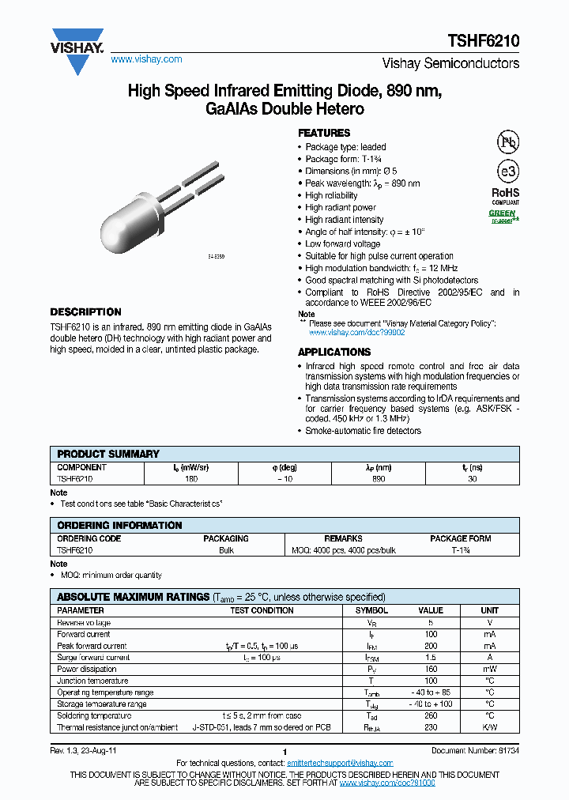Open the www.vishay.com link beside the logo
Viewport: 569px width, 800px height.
point(146,59)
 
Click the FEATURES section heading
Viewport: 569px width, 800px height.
point(324,133)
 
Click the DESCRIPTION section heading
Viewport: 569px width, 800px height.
point(85,312)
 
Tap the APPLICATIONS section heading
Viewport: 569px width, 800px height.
point(333,352)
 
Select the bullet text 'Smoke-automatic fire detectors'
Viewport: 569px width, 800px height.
point(364,431)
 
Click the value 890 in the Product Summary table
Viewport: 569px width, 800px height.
point(379,479)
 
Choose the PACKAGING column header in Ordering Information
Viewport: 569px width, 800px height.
point(226,538)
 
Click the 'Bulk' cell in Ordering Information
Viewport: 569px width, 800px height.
point(226,550)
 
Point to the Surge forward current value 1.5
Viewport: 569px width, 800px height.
point(430,657)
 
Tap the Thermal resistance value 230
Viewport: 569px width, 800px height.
point(430,727)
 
